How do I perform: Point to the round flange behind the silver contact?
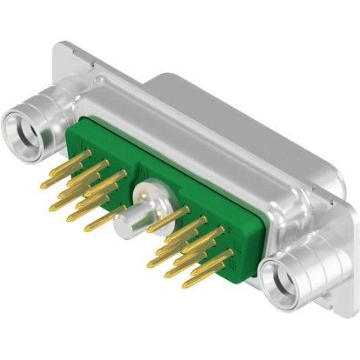point(150,190)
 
